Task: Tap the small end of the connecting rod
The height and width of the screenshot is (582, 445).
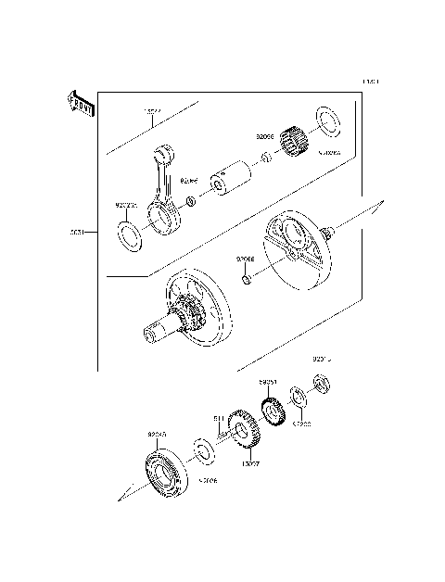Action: tap(166, 150)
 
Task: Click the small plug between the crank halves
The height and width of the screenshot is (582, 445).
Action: tap(246, 279)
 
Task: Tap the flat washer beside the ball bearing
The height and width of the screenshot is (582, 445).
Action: tap(204, 451)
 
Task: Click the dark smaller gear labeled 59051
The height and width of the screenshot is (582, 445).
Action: tap(273, 411)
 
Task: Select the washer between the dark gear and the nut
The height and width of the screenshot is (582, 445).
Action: tap(298, 396)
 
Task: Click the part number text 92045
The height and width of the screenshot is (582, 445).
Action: tap(154, 432)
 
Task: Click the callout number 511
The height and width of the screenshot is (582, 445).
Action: tap(220, 419)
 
